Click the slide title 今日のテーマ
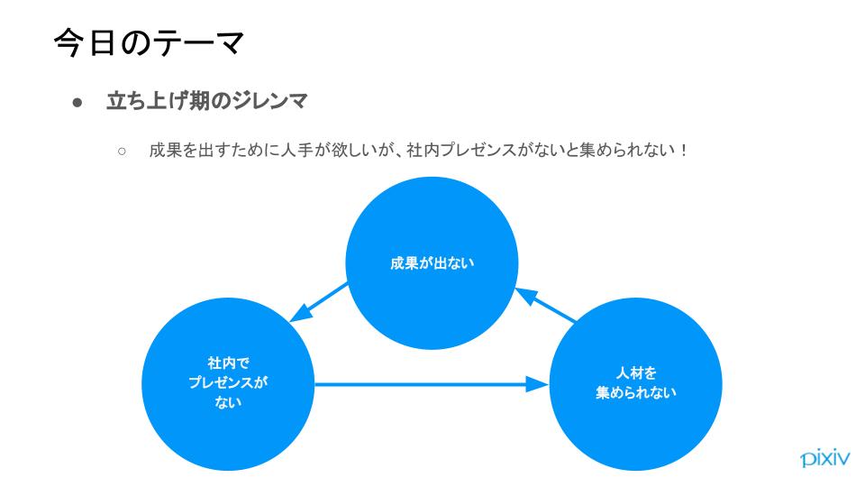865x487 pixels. coord(149,42)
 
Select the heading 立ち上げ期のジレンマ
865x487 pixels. coord(206,101)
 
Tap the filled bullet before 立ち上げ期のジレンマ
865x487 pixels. coord(77,103)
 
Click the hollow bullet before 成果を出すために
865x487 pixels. coord(122,151)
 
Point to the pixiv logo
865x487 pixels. coord(825,458)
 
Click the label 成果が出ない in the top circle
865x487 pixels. coord(432,263)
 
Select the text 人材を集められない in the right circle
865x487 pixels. coord(635,382)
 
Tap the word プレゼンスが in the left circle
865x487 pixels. coord(228,382)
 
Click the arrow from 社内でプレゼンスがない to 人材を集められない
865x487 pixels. coord(432,384)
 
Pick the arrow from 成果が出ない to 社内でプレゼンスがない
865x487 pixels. coord(319,303)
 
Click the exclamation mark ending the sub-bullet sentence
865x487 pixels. coord(684,151)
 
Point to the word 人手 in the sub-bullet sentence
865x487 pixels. coord(296,151)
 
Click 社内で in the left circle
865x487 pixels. coord(228,363)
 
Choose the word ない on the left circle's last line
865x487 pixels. coord(228,402)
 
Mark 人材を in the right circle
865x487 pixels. coord(636,373)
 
